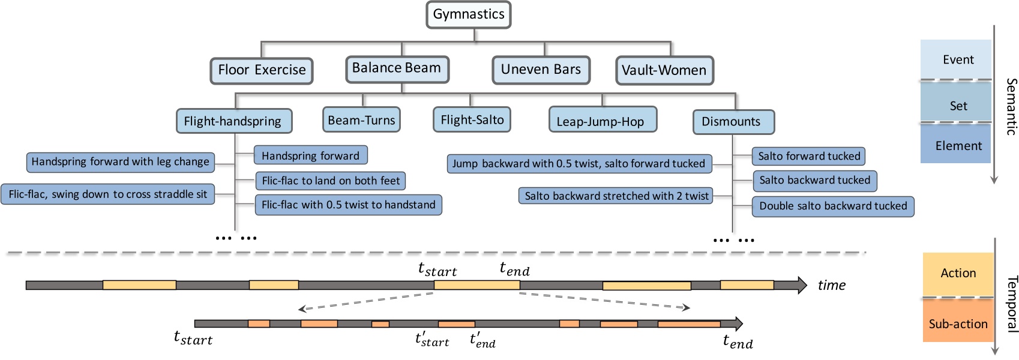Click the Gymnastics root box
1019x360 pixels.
[x=469, y=15]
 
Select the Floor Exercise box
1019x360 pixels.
[x=262, y=70]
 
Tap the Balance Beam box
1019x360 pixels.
[x=397, y=68]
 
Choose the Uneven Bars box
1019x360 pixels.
[x=541, y=70]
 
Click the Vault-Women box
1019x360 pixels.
[x=664, y=71]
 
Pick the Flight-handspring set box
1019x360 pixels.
[x=233, y=121]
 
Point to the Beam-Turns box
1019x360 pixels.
[x=361, y=120]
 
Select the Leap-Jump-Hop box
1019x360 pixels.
[x=601, y=122]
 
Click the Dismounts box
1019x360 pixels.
[x=732, y=122]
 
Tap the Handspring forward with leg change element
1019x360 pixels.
[x=120, y=162]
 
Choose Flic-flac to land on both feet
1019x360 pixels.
[x=331, y=181]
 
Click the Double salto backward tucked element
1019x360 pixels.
[x=833, y=206]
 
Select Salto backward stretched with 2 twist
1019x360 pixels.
[x=616, y=196]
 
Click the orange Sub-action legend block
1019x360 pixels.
[x=958, y=324]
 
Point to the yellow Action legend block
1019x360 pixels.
[x=958, y=274]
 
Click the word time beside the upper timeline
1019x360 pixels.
[x=831, y=286]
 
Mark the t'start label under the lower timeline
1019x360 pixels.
[x=432, y=340]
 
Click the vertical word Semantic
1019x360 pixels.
[x=1011, y=106]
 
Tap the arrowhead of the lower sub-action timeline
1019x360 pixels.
[x=738, y=324]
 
